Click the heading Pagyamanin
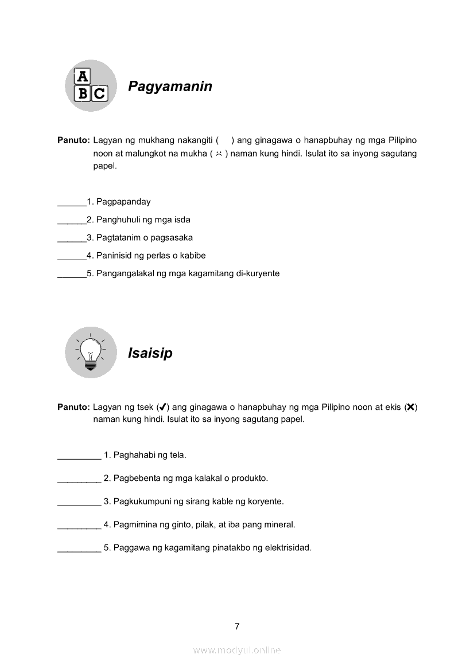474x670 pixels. pyautogui.click(x=170, y=87)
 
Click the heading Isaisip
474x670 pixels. pyautogui.click(x=150, y=354)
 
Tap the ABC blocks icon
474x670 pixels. pyautogui.click(x=91, y=86)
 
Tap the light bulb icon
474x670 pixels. pyautogui.click(x=91, y=352)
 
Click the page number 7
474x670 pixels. pyautogui.click(x=237, y=626)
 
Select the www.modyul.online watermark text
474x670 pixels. pyautogui.click(x=237, y=650)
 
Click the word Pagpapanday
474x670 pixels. pyautogui.click(x=123, y=202)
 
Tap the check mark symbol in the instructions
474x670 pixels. pyautogui.click(x=162, y=407)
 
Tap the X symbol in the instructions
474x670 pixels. pyautogui.click(x=410, y=407)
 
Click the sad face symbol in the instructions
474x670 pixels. pyautogui.click(x=219, y=154)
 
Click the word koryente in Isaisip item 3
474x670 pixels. pyautogui.click(x=266, y=501)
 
